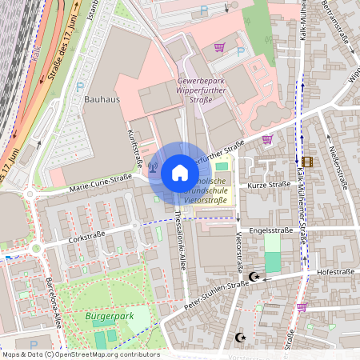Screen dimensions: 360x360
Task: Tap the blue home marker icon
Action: click(179, 173)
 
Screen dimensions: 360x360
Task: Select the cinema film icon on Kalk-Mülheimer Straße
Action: click(308, 161)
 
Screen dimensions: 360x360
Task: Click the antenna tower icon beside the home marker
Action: click(153, 169)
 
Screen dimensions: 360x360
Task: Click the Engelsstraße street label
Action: click(268, 229)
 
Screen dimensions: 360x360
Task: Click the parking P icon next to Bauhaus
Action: click(78, 86)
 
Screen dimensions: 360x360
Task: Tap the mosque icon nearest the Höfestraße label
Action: click(254, 277)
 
